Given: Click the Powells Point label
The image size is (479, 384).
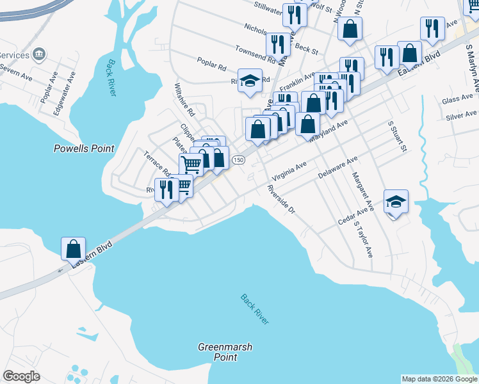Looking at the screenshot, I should coord(85,148).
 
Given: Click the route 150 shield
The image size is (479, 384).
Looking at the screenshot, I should coord(238,159).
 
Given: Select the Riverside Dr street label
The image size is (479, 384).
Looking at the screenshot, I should coord(281,199).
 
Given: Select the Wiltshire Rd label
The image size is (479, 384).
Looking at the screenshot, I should coord(184,100).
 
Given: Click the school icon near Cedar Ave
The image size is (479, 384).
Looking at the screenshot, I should coord(396,202).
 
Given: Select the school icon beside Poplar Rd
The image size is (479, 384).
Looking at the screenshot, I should coord(250,81).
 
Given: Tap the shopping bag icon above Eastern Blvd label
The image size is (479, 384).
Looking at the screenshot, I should coord(73,248).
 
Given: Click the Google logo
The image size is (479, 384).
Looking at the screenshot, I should coord(21,376).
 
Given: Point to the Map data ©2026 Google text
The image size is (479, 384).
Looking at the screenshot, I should coord(439,379).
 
